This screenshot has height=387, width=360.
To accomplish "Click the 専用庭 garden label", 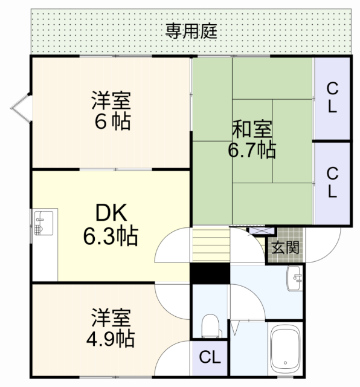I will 191,31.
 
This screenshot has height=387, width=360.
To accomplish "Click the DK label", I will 110,213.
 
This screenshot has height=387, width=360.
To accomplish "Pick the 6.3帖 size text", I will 110,236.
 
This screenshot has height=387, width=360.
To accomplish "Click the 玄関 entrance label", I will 284,247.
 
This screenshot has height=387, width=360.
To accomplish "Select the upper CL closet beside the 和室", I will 332,98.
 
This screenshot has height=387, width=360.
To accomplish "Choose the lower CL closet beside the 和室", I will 332,182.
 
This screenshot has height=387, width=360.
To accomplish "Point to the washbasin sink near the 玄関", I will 294,278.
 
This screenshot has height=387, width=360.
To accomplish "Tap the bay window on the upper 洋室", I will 19,108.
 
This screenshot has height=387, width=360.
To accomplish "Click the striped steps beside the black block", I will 211,246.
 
